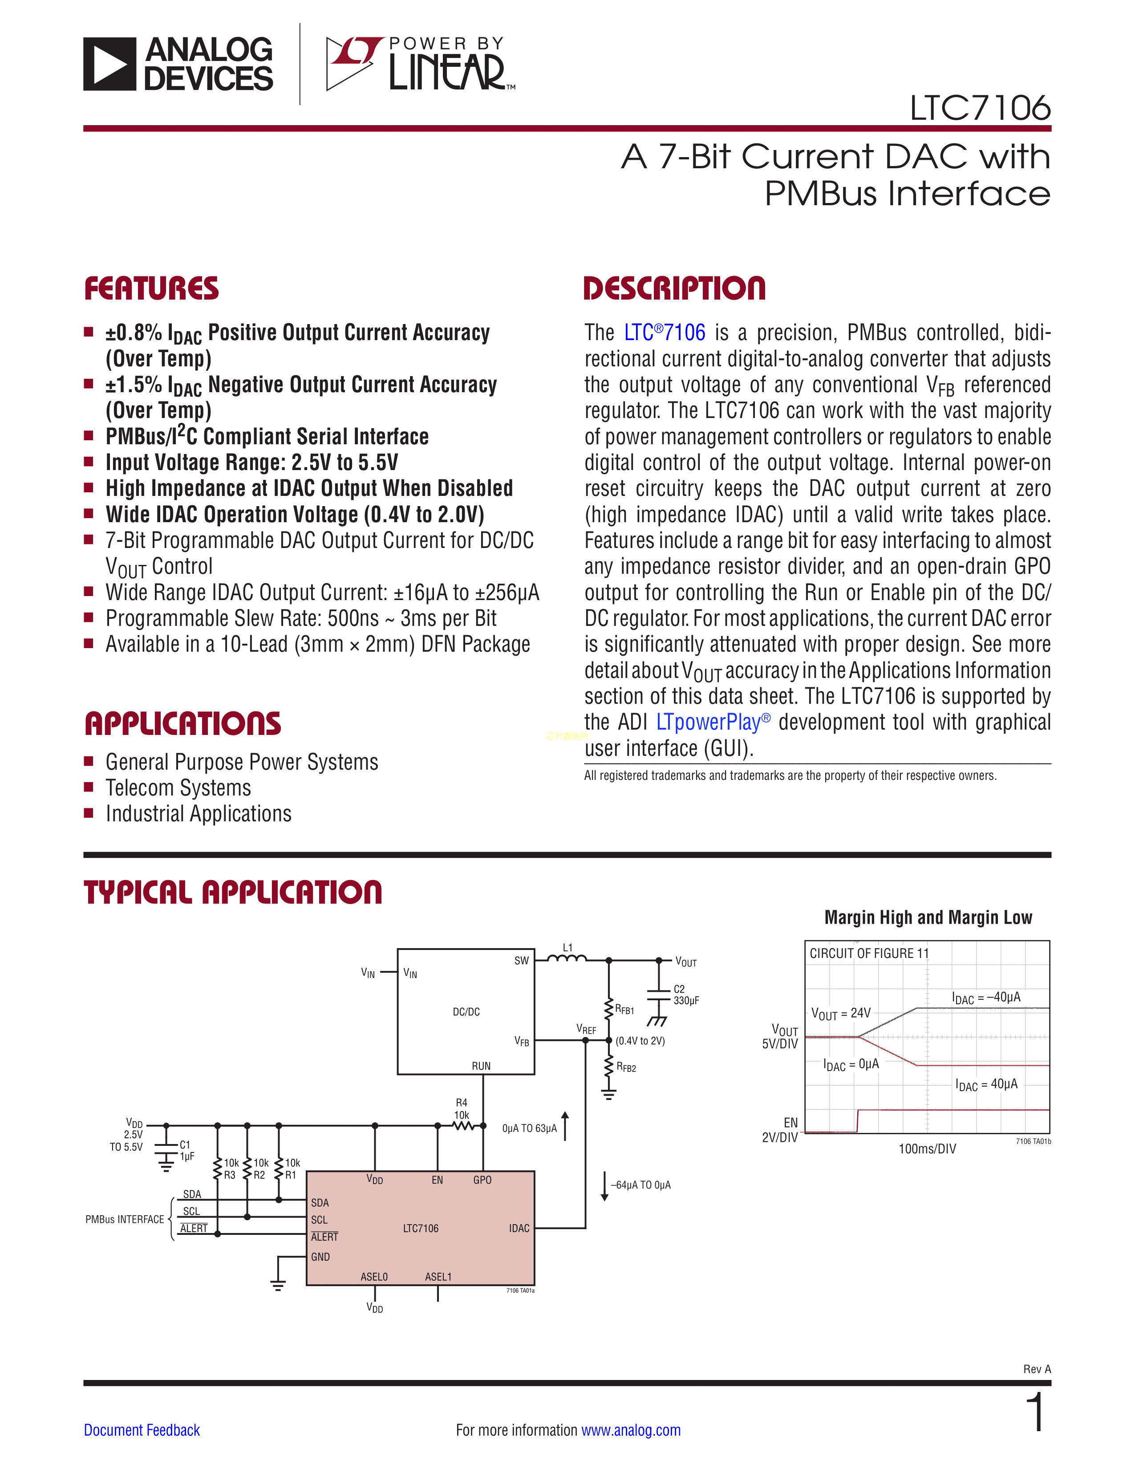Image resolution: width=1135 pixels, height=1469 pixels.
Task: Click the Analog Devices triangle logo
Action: pos(109,64)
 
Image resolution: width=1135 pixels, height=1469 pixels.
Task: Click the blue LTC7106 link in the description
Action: pos(665,332)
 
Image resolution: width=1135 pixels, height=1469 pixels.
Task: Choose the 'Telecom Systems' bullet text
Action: pos(178,787)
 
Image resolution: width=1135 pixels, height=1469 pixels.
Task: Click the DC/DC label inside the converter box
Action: pos(466,1012)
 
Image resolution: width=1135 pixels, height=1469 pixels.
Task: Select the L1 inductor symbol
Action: pos(567,958)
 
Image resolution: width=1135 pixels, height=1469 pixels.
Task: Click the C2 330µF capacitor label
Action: pos(686,995)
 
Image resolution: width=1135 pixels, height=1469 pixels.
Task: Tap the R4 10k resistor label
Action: pos(461,1109)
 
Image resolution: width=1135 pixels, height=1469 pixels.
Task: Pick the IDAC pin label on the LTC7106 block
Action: pos(519,1228)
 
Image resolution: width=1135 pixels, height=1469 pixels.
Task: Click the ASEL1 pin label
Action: pos(438,1277)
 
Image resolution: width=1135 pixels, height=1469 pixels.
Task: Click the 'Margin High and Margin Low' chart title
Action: pos(928,917)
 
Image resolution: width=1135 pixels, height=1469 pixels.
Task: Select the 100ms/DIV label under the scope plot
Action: pos(927,1149)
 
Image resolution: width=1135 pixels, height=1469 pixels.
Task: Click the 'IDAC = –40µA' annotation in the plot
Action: pos(986,998)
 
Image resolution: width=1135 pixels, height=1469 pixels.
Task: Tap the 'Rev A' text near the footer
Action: pos(1037,1369)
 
